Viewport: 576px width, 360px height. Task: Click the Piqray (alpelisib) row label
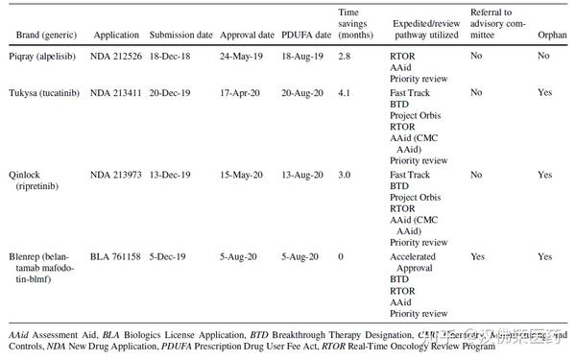click(x=43, y=57)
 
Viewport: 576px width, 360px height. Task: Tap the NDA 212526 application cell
click(x=117, y=57)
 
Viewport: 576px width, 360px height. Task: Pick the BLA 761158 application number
click(x=117, y=257)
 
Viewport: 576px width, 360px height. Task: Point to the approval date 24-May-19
click(x=246, y=57)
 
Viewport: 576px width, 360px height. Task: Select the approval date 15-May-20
click(x=246, y=176)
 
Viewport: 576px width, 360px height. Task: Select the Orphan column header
click(x=552, y=35)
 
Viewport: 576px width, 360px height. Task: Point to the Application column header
click(x=117, y=35)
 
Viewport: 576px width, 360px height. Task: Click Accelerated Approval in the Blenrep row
click(x=414, y=263)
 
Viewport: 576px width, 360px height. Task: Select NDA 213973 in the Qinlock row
click(x=117, y=176)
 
